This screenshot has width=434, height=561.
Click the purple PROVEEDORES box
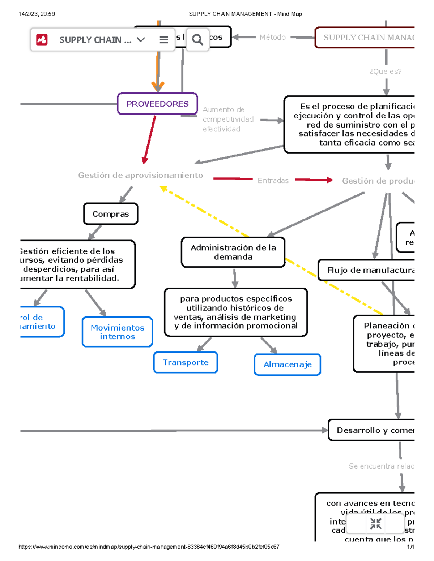pyautogui.click(x=157, y=104)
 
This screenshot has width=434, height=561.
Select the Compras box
pyautogui.click(x=111, y=214)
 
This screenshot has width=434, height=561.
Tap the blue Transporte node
pyautogui.click(x=186, y=362)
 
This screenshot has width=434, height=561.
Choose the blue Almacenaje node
pyautogui.click(x=288, y=364)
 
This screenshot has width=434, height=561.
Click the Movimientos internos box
pyautogui.click(x=117, y=332)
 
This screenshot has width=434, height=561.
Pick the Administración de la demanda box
pyautogui.click(x=233, y=252)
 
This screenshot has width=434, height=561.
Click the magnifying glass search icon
pyautogui.click(x=197, y=39)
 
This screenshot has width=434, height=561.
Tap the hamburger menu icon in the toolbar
pyautogui.click(x=164, y=40)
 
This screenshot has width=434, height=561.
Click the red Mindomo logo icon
pyautogui.click(x=42, y=40)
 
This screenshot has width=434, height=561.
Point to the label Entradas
pyautogui.click(x=273, y=181)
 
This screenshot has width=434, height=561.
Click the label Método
pyautogui.click(x=272, y=37)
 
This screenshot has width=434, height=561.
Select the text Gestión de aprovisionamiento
pyautogui.click(x=140, y=175)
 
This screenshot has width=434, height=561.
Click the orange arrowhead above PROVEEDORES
pyautogui.click(x=158, y=87)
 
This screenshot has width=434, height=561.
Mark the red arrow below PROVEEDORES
pyautogui.click(x=150, y=139)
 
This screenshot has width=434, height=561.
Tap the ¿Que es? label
pyautogui.click(x=386, y=72)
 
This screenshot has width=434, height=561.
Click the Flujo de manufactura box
pyautogui.click(x=369, y=270)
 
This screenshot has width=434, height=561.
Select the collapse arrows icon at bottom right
pyautogui.click(x=376, y=523)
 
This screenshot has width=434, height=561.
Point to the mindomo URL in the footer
pyautogui.click(x=149, y=547)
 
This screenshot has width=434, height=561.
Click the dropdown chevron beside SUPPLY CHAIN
pyautogui.click(x=141, y=40)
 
